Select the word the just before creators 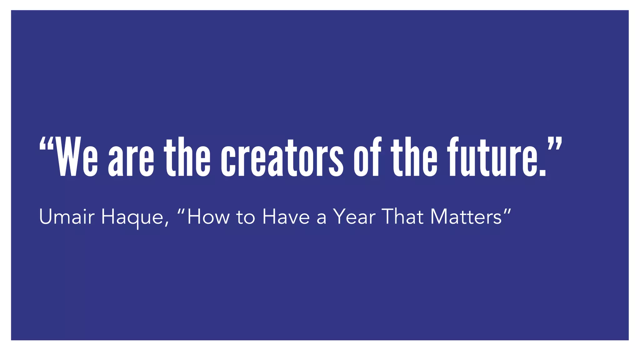[x=187, y=157]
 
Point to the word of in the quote [x=367, y=157]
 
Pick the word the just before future [x=414, y=157]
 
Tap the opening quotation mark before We [x=47, y=144]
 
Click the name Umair [x=67, y=217]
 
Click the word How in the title [x=208, y=217]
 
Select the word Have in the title [x=286, y=217]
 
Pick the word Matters [x=466, y=217]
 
